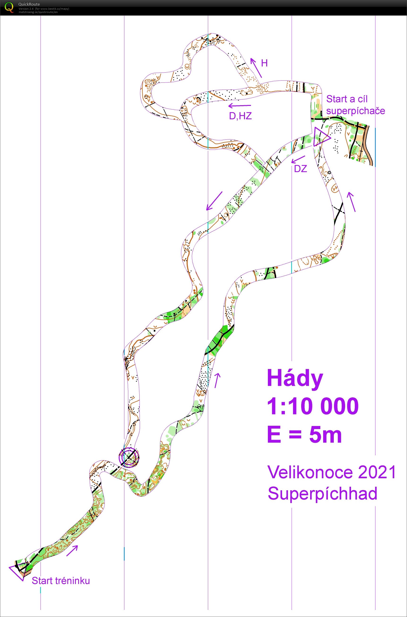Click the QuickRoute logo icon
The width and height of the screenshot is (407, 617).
(9, 7)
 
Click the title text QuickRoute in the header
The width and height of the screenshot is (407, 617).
(29, 4)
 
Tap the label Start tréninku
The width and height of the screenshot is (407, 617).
(61, 580)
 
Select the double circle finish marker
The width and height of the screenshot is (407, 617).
(129, 457)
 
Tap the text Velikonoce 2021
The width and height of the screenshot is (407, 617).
(331, 472)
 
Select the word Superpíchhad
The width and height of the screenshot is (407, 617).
(322, 494)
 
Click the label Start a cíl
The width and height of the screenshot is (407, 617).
(347, 99)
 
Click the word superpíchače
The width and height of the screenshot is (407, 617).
(355, 111)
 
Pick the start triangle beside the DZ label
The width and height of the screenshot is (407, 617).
(321, 137)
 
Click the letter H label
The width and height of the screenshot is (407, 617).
(264, 63)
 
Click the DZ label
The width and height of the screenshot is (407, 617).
(300, 169)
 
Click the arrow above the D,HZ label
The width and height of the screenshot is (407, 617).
(240, 105)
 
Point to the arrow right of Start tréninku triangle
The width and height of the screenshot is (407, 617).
(72, 551)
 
